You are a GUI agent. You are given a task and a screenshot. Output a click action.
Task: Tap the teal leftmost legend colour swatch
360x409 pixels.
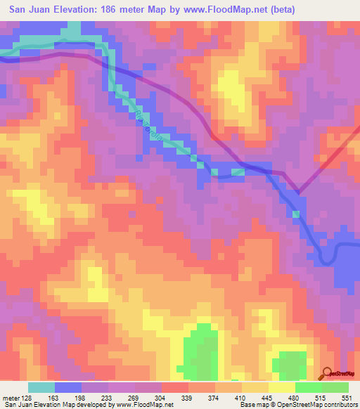tap(41, 387)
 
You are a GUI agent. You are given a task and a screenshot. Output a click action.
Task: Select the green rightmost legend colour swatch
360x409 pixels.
tap(335, 387)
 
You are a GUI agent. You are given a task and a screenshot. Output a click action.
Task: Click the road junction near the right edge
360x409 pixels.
tap(300, 192)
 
